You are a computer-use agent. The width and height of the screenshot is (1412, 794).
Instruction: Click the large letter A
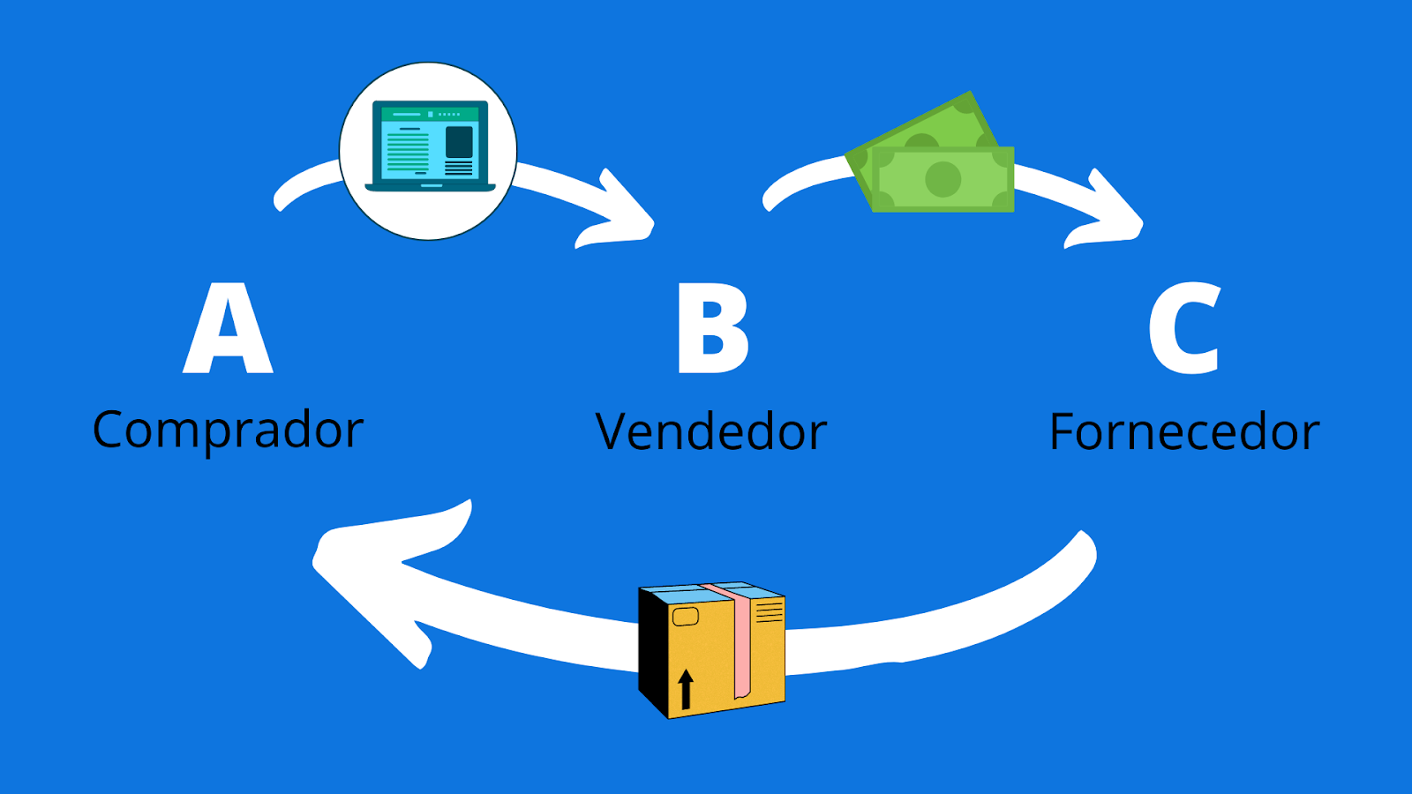coord(228,330)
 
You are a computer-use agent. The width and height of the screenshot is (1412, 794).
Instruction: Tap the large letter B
coord(712,329)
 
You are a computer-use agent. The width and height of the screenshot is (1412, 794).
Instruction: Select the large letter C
coord(1185,329)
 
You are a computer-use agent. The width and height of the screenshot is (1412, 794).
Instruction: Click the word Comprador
coord(228,431)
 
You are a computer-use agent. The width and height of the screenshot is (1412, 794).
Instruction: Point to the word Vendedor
coord(711,432)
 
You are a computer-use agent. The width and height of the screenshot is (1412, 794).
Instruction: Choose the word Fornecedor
coord(1184,432)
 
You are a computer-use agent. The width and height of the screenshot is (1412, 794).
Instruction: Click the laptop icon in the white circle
coord(429,146)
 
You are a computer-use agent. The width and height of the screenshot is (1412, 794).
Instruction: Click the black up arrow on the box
coord(686,688)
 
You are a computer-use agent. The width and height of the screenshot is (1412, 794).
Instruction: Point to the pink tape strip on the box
coord(740,644)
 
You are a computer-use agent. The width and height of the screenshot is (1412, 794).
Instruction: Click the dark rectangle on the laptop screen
coord(459,142)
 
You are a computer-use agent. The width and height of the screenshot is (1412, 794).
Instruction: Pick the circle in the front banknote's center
coord(943,180)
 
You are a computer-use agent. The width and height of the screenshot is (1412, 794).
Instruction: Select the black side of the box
coord(653,653)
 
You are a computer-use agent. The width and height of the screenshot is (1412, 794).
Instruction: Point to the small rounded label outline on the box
coord(686,617)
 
